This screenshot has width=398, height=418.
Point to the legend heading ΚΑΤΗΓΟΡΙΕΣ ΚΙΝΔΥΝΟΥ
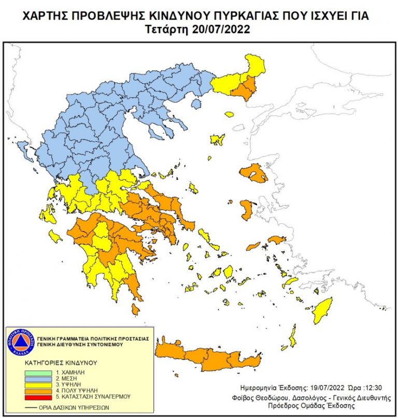tap(53, 363)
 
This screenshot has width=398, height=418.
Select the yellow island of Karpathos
tap(293, 337)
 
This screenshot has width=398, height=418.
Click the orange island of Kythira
tap(135, 310)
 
